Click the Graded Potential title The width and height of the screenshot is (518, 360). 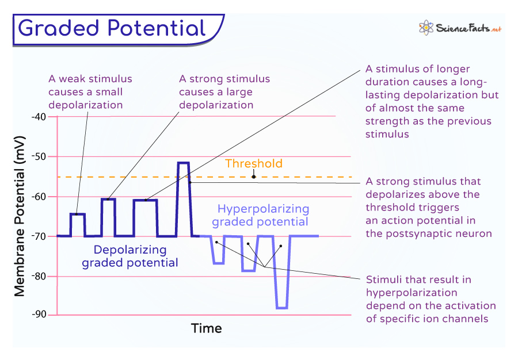coord(112,28)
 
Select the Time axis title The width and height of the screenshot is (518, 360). coord(206,328)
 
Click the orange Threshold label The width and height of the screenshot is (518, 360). coord(253,164)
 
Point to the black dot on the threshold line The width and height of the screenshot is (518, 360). coord(253,177)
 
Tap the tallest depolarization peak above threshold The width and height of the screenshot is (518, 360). coord(183,163)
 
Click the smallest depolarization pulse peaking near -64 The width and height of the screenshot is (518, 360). coord(78,215)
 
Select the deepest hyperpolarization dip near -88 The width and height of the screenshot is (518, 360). coord(281,308)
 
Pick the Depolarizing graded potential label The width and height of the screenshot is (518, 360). coord(129,256)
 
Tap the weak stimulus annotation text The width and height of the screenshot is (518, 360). coord(90,92)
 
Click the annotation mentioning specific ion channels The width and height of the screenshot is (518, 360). coord(431,299)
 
